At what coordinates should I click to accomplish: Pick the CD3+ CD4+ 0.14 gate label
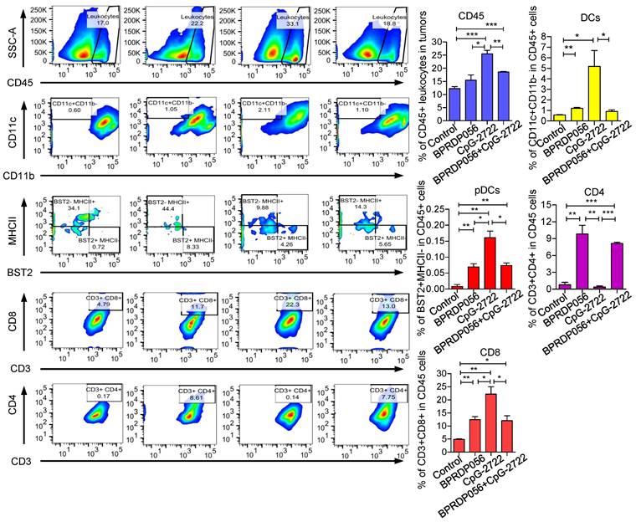[292, 394]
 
